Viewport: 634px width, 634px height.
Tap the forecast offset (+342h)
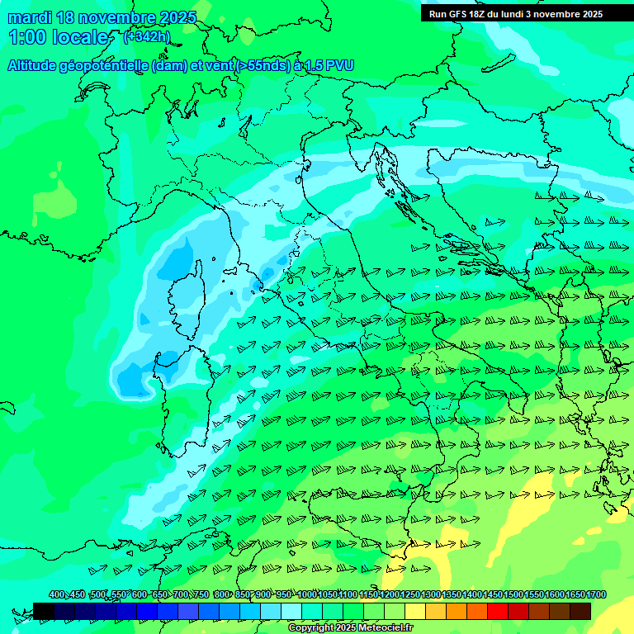146,36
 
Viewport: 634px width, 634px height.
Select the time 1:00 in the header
26,37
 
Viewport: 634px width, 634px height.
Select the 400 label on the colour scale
57,595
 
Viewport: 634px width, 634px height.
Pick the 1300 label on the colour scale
431,595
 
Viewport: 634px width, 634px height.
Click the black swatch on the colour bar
44,611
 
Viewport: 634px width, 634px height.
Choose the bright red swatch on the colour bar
498,611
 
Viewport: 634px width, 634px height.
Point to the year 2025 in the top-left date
178,17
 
